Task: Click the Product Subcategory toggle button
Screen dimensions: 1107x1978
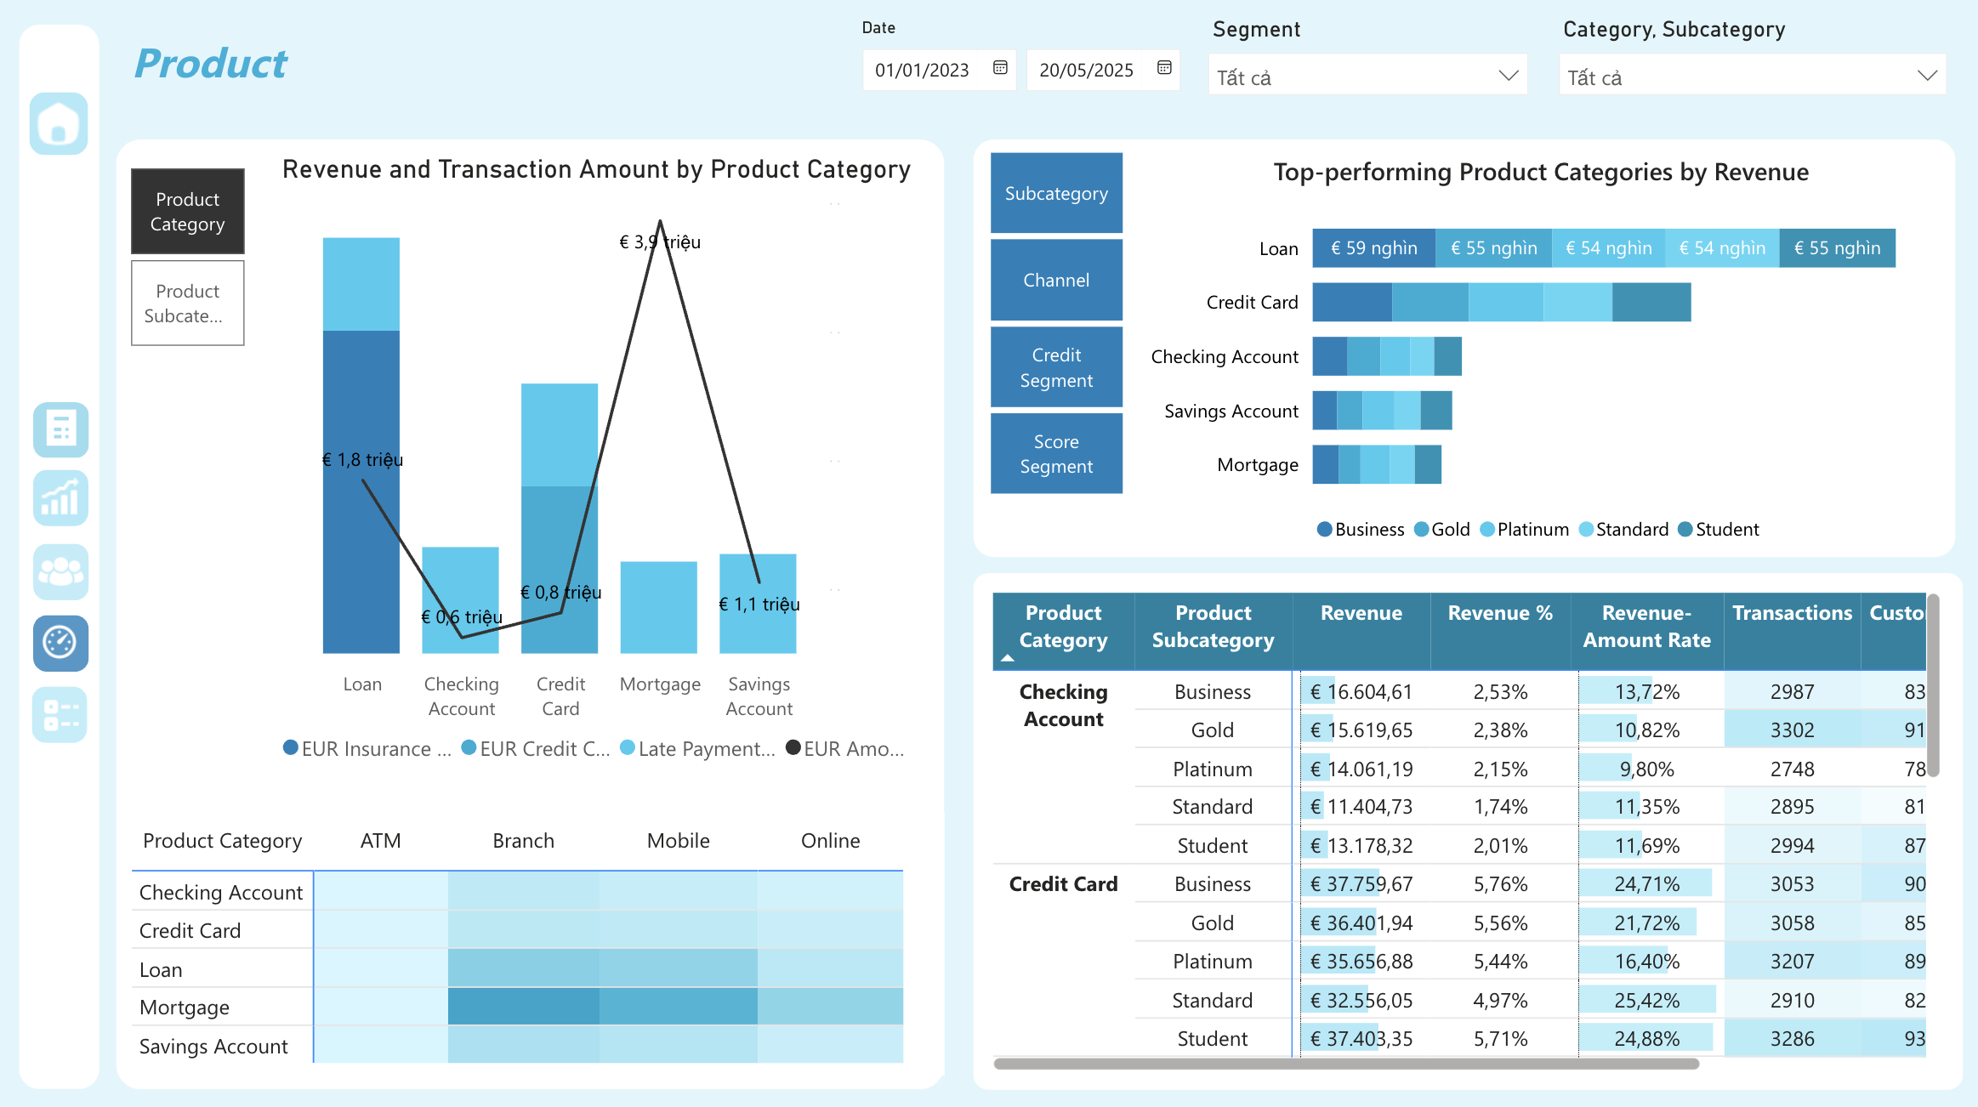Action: click(187, 304)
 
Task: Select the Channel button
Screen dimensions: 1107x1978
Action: click(1056, 280)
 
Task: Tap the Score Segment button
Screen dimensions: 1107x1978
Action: click(1056, 453)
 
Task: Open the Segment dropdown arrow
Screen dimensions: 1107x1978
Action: click(1508, 76)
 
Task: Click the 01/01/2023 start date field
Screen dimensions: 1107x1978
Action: click(923, 71)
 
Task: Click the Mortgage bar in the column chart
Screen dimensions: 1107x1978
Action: click(659, 607)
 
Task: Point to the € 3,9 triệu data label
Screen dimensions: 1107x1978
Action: click(660, 242)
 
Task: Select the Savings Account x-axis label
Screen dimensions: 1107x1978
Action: click(759, 696)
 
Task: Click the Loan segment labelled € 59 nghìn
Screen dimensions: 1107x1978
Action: click(1373, 248)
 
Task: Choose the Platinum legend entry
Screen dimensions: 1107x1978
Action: click(1532, 530)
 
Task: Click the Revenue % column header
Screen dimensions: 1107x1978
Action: click(1500, 613)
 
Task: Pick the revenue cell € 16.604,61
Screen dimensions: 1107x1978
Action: click(1361, 692)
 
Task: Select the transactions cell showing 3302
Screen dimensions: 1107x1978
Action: click(1792, 730)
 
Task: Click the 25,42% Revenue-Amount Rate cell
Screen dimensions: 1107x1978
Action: click(1646, 1001)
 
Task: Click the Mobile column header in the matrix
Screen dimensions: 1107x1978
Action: click(678, 841)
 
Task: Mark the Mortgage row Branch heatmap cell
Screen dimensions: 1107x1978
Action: click(524, 1007)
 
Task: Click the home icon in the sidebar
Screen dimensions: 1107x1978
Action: click(59, 124)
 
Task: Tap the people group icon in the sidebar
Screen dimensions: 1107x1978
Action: click(60, 572)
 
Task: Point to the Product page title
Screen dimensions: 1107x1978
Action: click(211, 64)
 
